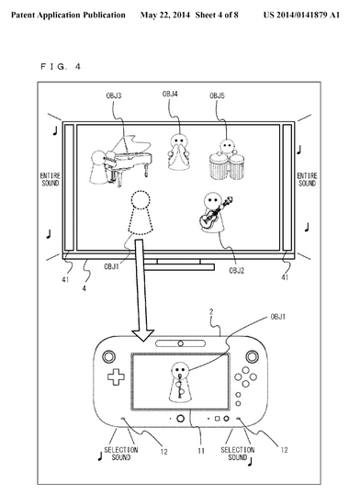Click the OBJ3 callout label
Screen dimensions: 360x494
point(114,95)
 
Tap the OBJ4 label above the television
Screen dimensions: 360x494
point(170,95)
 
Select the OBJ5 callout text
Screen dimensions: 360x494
point(218,95)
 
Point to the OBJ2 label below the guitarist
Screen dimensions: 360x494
point(237,271)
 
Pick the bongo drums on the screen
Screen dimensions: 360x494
point(227,166)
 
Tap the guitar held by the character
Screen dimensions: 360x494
point(215,213)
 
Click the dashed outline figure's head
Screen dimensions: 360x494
point(141,199)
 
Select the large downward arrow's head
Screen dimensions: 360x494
point(142,335)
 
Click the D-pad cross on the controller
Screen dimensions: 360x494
point(116,376)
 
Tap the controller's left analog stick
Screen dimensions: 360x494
point(108,356)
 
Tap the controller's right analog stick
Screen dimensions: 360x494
point(253,356)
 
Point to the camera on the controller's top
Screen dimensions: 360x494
point(180,343)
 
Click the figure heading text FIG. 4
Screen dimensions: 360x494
point(61,66)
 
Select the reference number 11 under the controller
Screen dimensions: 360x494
point(201,451)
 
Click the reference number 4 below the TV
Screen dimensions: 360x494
point(84,288)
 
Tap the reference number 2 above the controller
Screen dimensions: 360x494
point(211,312)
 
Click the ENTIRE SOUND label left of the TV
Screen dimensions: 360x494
point(51,179)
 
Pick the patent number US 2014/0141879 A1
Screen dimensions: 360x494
point(301,15)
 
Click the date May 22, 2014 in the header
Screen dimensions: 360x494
point(165,15)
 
